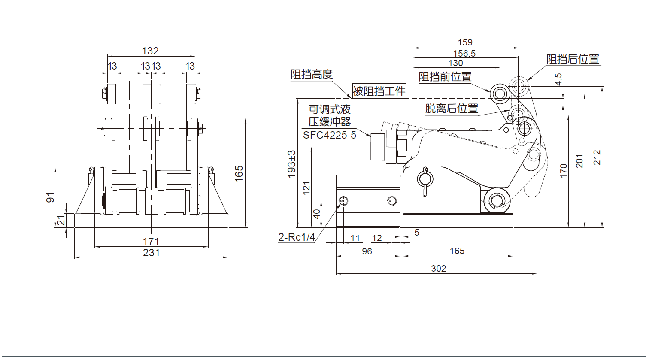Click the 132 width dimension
tap(150, 51)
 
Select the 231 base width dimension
tap(151, 253)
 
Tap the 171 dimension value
tap(151, 242)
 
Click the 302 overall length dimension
tap(438, 269)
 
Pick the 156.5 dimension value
tap(464, 54)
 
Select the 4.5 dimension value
tap(558, 79)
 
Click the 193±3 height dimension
tap(291, 164)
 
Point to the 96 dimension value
tap(367, 251)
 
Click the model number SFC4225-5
tap(330, 135)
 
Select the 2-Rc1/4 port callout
tap(297, 237)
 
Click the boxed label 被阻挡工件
tap(379, 91)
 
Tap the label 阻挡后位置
tap(573, 59)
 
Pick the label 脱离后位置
tap(452, 109)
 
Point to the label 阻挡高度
tap(312, 74)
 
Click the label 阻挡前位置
tap(445, 77)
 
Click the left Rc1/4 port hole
tap(343, 200)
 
